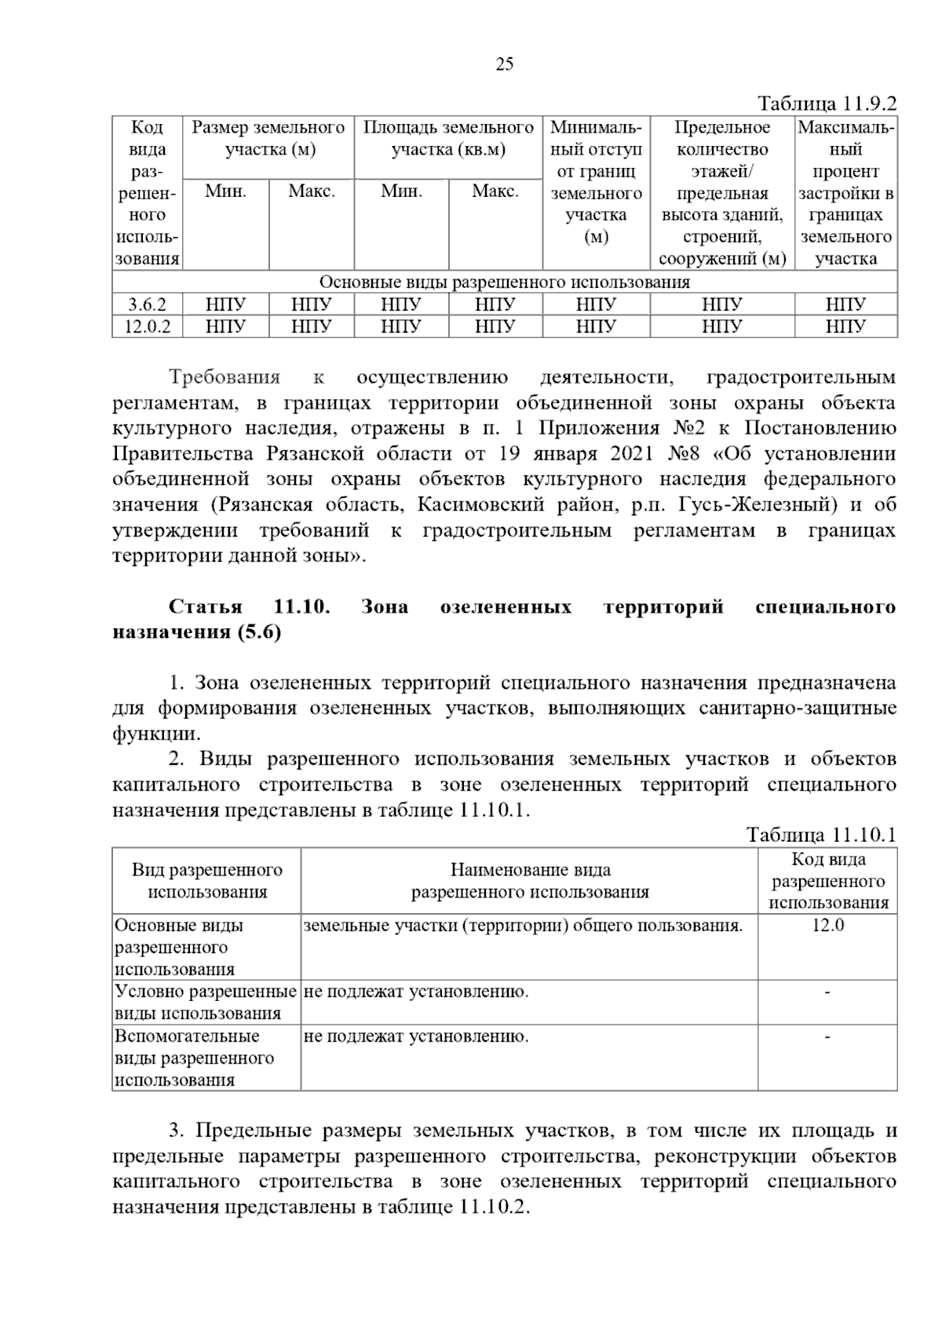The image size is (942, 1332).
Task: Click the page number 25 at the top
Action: click(504, 64)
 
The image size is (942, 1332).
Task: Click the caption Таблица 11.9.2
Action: click(826, 104)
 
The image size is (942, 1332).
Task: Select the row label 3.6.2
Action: click(147, 304)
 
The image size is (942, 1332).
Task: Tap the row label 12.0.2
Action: click(147, 326)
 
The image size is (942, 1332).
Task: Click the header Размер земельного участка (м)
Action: click(268, 138)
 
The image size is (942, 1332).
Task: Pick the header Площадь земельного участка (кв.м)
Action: click(448, 138)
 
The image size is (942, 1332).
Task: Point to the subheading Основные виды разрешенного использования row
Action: click(504, 282)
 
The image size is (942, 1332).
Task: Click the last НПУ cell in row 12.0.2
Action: click(845, 326)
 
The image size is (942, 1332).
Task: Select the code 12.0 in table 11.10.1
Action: click(827, 925)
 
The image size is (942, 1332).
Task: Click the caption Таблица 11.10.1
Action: click(820, 835)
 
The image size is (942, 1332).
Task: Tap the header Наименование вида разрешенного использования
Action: click(530, 880)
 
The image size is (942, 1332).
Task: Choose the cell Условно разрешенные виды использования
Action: click(206, 1003)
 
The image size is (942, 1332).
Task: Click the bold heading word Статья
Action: click(205, 607)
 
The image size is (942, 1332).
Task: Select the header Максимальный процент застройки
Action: click(845, 193)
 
